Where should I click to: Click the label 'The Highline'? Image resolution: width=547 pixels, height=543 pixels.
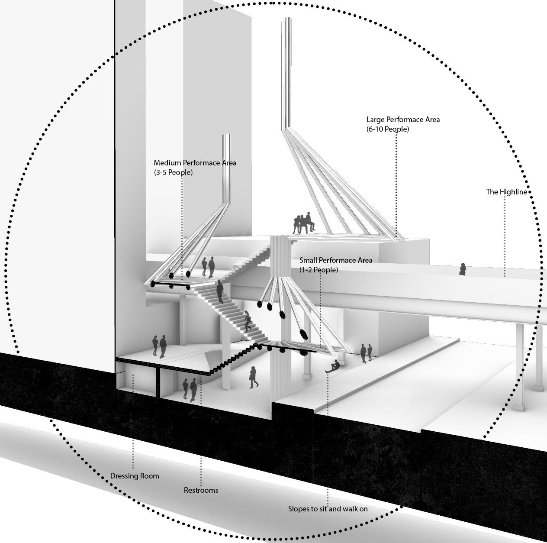point(506,192)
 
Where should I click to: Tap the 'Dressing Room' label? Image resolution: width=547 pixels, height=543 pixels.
point(135,476)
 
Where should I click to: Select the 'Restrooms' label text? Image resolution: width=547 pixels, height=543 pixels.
point(201,490)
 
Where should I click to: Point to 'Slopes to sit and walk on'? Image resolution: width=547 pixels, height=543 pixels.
point(328,509)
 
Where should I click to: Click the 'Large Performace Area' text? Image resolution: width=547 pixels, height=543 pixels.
point(403,120)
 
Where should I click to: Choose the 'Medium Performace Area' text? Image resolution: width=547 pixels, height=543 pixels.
point(195,163)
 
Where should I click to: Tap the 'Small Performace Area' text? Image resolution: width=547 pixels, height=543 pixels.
point(336,260)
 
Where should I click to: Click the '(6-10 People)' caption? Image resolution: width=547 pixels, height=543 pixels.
point(387,129)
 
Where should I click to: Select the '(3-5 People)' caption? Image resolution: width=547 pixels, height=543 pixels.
point(173,172)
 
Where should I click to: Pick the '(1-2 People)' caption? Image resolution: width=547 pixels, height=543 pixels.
point(319,270)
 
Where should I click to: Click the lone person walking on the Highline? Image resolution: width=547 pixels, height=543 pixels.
point(462,269)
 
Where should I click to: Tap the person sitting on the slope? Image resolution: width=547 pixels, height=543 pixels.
point(333,367)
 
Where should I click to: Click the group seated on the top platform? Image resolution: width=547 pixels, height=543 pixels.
point(303,223)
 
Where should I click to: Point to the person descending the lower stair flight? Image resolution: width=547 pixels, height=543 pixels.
point(248,322)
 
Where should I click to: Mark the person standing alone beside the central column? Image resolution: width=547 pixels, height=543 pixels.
point(254,377)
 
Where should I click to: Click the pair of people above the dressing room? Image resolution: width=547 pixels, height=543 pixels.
point(159,346)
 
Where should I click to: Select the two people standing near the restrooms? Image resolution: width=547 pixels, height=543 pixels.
point(190,389)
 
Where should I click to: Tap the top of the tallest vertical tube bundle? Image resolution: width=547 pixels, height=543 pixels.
point(286,19)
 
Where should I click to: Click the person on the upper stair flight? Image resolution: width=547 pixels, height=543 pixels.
point(220,291)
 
